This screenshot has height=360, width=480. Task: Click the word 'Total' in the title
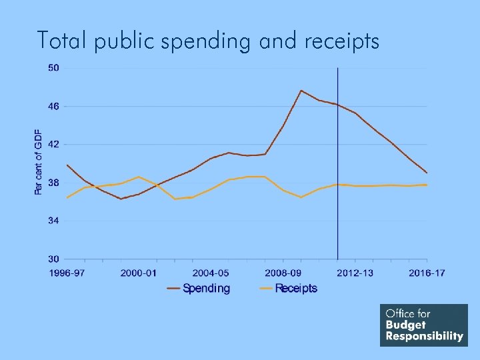63,41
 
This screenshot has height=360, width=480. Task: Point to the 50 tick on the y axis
53,68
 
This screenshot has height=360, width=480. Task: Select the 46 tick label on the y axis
53,106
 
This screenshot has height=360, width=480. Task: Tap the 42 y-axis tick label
53,144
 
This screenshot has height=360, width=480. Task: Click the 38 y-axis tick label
53,182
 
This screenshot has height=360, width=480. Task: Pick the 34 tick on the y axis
53,220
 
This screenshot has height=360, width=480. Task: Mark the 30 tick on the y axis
53,259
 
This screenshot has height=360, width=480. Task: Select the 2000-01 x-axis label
139,273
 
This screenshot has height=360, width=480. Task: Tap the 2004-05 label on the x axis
211,273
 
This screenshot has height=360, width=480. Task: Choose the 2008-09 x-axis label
283,273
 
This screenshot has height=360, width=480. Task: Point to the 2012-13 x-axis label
355,273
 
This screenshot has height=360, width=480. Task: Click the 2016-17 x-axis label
427,273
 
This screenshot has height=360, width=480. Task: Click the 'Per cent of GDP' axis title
38,162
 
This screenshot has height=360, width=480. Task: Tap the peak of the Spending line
301,91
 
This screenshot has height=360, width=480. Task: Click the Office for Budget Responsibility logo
424,325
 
